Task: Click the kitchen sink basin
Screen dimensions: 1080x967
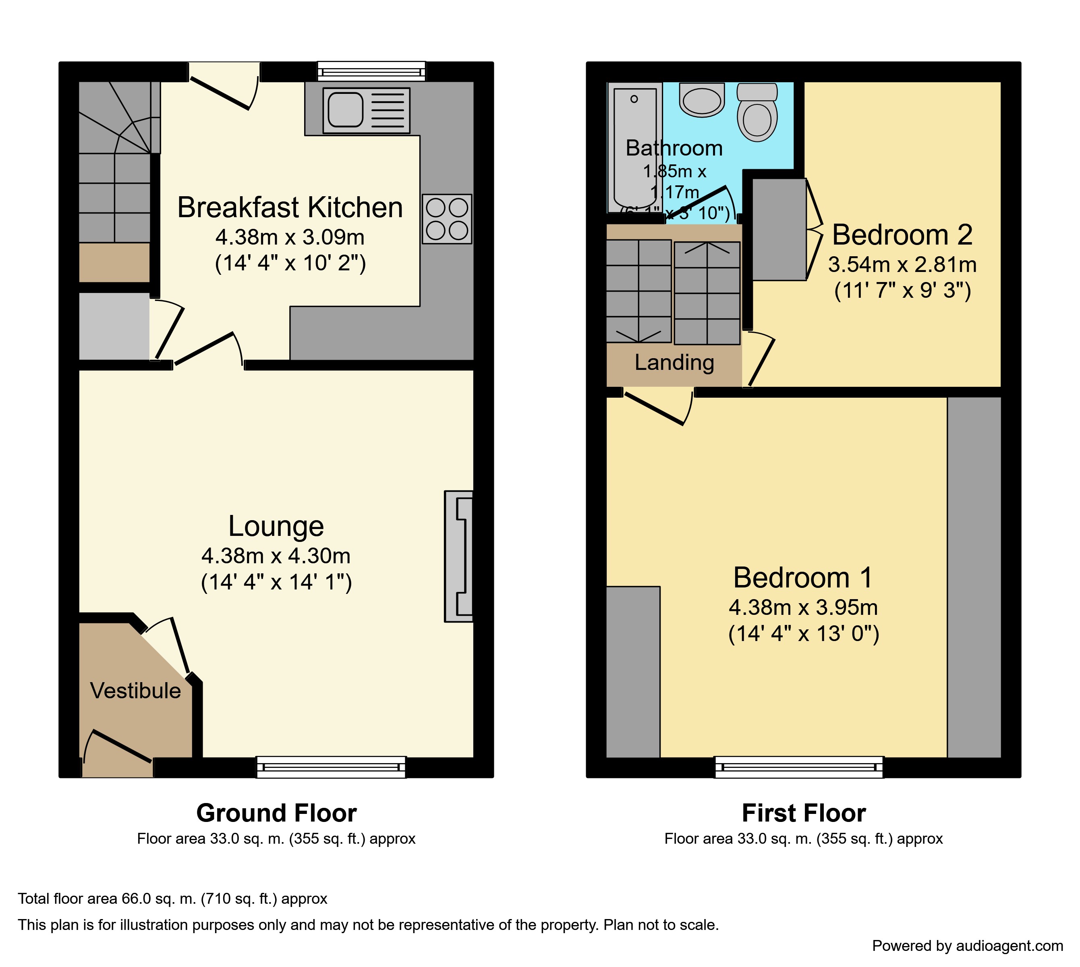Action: tap(345, 110)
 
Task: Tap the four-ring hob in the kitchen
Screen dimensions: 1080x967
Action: tap(447, 219)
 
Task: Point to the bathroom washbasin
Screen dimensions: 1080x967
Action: tap(702, 100)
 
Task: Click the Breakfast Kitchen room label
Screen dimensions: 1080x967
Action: tap(290, 207)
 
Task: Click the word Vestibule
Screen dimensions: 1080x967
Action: tap(135, 691)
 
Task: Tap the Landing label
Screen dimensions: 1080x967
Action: tap(674, 362)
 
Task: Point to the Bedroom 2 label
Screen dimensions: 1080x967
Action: tap(902, 235)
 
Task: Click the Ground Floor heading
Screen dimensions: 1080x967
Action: tap(276, 813)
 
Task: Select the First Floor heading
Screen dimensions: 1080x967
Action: tap(804, 813)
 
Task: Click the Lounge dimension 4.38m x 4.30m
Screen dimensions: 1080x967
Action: tap(276, 556)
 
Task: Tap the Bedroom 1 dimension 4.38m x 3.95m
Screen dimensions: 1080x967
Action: tap(803, 607)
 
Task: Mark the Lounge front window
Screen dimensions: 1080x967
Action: tap(331, 767)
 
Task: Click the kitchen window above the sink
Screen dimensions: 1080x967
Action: tap(371, 71)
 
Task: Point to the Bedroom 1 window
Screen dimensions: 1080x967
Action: tap(798, 767)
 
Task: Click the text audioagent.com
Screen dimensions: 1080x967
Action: tap(1010, 946)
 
